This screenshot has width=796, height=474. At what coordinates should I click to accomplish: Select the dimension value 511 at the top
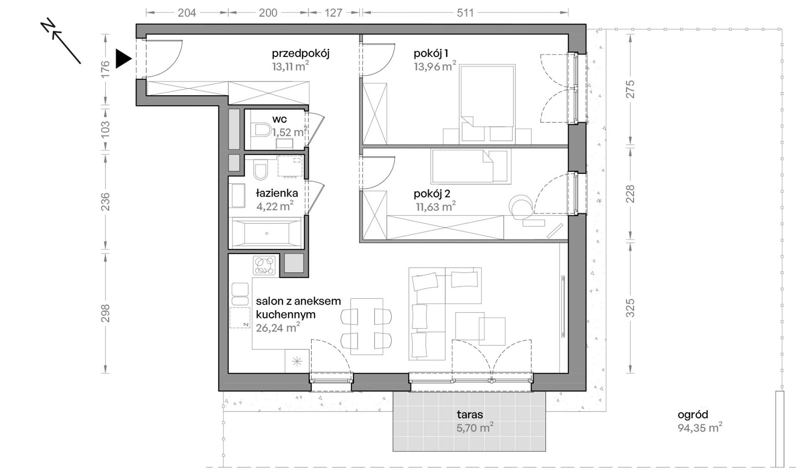(x=465, y=13)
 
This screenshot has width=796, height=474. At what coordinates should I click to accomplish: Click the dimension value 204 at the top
(x=187, y=13)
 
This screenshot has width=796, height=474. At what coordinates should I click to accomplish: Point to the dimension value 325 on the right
(x=630, y=308)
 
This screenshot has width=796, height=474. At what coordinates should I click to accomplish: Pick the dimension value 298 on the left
(x=105, y=313)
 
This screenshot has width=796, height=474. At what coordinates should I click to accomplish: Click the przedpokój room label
(x=300, y=54)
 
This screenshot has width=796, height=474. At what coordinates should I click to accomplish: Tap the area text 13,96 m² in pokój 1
(x=435, y=66)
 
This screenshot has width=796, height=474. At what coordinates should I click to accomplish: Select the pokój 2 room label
(x=432, y=194)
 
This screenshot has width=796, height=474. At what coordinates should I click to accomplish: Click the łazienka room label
(x=277, y=193)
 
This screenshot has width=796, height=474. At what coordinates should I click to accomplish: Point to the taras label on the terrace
(x=470, y=414)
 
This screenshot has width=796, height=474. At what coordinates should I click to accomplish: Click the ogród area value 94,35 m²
(x=700, y=428)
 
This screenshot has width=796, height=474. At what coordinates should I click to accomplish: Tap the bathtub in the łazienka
(x=267, y=233)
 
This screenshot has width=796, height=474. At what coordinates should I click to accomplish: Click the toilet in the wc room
(x=261, y=130)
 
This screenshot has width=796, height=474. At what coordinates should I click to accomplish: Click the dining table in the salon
(x=367, y=327)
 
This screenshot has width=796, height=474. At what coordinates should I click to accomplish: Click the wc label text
(x=279, y=119)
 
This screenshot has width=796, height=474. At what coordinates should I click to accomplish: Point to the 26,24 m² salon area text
(x=278, y=327)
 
